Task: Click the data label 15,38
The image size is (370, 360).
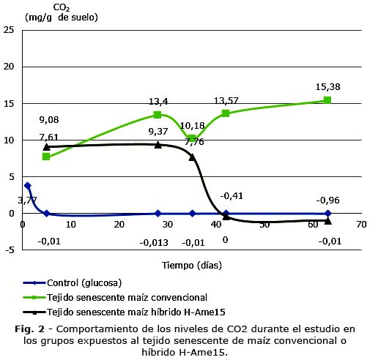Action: (328, 87)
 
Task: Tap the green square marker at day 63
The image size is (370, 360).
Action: (328, 100)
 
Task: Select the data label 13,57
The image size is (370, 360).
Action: (226, 101)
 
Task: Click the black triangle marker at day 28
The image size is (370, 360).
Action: (158, 145)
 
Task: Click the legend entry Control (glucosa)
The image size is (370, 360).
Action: (73, 283)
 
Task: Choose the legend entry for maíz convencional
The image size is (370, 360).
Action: (115, 298)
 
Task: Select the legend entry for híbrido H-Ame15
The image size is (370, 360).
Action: (124, 312)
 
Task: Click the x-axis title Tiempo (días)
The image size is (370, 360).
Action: (192, 265)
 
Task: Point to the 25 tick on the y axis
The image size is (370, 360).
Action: (9, 30)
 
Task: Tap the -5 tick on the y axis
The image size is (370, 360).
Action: (9, 250)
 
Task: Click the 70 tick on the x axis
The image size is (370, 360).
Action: (361, 225)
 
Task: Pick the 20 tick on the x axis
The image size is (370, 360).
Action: (119, 225)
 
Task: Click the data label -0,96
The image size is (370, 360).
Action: (328, 200)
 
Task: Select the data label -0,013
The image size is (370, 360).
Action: (154, 243)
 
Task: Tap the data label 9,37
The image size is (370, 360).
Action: (158, 132)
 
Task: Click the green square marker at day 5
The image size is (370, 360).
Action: (46, 157)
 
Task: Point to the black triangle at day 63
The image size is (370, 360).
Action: (328, 221)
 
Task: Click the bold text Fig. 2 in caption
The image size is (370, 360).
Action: (30, 329)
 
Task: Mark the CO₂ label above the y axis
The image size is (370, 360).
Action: (62, 8)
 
